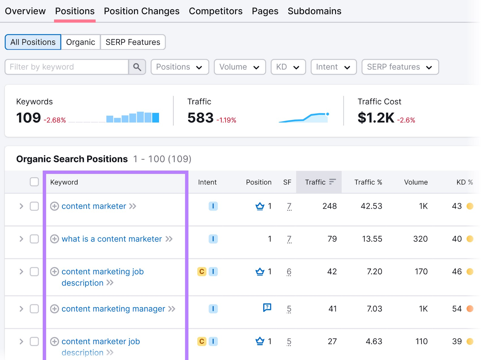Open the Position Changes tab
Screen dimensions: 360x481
142,11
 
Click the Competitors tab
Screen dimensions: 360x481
216,11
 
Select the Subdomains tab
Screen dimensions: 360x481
314,11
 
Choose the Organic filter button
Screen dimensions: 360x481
81,42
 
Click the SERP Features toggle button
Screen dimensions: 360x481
133,42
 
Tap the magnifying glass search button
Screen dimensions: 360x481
137,67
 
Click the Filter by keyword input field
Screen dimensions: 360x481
67,67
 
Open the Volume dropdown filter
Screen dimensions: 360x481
240,67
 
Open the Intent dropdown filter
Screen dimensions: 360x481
333,67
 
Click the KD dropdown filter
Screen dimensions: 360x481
288,67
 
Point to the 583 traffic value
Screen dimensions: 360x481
201,117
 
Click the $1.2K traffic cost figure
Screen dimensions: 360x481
376,117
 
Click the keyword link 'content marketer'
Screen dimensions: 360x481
94,206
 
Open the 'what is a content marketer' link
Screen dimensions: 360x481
112,239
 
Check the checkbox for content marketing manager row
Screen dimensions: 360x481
34,309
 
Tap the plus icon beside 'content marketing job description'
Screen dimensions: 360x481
54,272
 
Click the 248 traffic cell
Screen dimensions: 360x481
329,206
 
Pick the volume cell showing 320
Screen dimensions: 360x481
420,239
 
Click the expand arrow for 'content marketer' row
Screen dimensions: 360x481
21,206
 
